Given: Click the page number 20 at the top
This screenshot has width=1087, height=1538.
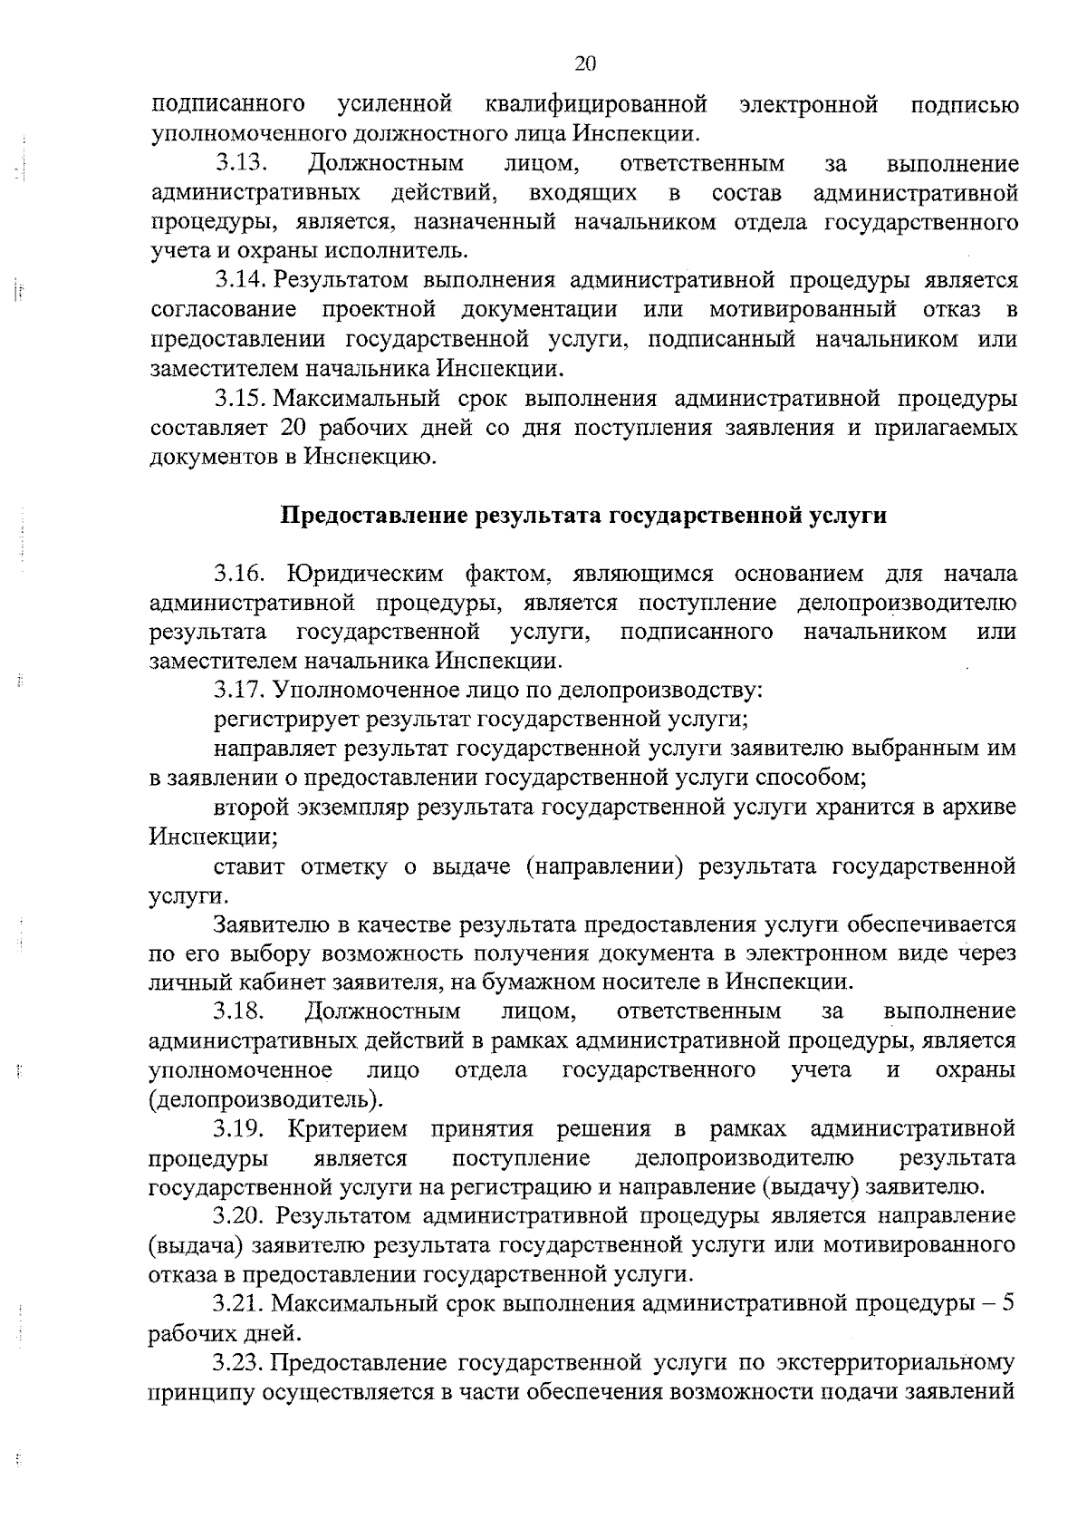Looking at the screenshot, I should [x=585, y=63].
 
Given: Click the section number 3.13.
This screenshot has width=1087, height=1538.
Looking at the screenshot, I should [x=242, y=164].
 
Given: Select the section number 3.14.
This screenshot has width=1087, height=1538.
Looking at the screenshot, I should [x=240, y=281].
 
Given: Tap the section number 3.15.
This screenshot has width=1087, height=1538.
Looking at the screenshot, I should [x=240, y=399].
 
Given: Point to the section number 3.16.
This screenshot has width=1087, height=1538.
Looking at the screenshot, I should [x=240, y=574].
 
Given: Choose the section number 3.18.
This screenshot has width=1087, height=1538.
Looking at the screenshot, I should [x=240, y=1011].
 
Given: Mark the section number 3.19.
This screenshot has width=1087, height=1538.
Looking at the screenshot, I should [x=240, y=1129].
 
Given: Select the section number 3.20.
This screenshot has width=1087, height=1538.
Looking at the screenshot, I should [x=240, y=1215].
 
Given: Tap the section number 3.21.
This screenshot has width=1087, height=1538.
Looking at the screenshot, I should [x=240, y=1304].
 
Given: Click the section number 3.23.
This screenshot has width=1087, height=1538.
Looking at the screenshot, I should [x=240, y=1362].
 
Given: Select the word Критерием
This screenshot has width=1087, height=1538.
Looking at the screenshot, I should [x=348, y=1129].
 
